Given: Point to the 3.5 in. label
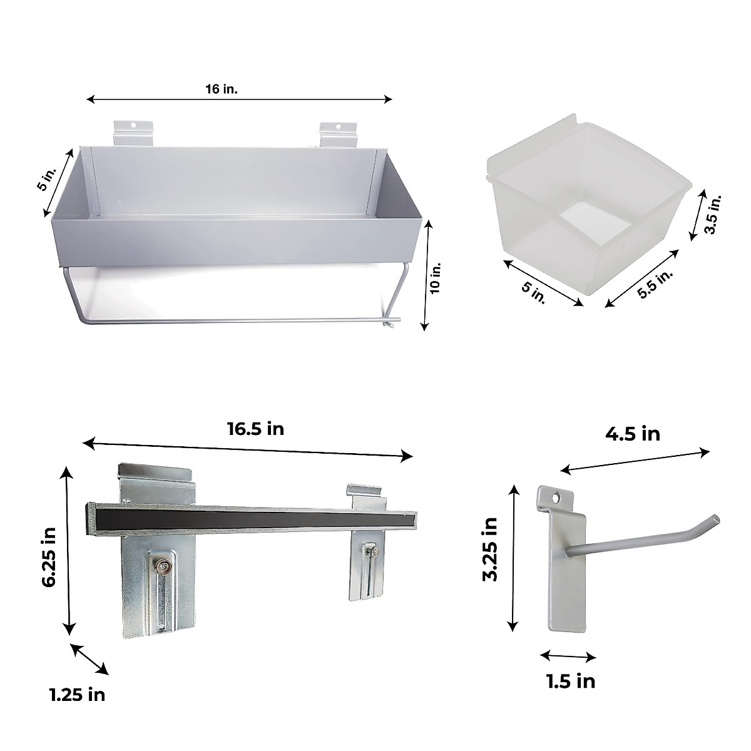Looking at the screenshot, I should (x=713, y=214).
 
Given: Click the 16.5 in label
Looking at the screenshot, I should (x=255, y=429).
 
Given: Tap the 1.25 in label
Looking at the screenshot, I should (x=77, y=694).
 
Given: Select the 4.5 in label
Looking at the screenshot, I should (x=633, y=433).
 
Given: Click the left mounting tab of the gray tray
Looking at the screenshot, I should (x=134, y=133).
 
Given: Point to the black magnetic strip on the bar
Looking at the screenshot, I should (x=250, y=516).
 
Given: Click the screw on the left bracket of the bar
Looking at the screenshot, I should (x=163, y=567).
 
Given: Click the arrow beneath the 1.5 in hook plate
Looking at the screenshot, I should (x=568, y=656).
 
